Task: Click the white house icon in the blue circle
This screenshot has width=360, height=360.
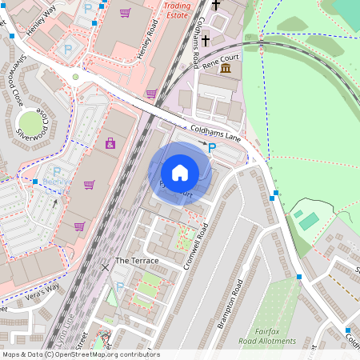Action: (x=180, y=173)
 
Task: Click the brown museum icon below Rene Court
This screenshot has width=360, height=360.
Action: (x=226, y=70)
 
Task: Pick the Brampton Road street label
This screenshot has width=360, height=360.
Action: (x=231, y=304)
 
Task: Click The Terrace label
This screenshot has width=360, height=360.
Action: (x=137, y=261)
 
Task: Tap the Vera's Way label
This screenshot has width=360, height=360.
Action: (x=42, y=289)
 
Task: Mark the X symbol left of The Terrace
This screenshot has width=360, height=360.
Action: (x=106, y=266)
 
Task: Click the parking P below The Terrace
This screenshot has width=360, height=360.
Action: (x=120, y=286)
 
